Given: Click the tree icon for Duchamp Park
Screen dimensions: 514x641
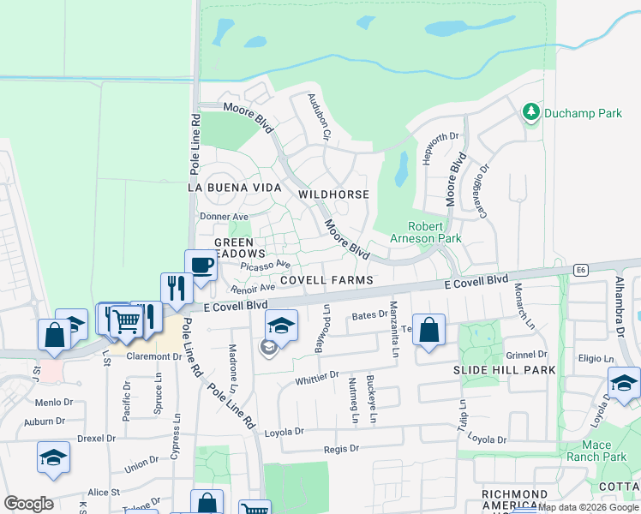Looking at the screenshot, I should pos(530,112).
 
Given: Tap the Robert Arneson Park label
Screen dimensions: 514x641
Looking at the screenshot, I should pos(425,232).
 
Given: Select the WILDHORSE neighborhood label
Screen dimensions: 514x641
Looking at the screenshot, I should pos(334,194).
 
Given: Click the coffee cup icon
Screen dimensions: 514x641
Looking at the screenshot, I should pos(201,265).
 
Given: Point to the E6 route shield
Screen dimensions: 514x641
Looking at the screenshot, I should pos(582,270).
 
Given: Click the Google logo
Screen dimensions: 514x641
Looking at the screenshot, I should pos(28,504).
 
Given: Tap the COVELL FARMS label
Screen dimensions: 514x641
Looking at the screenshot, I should pos(326,280).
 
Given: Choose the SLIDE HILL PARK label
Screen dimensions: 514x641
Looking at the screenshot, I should pos(504,369).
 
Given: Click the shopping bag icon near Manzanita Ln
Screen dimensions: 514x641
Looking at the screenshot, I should pos(428,330).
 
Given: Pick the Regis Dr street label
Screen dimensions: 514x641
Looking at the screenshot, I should pos(340,448).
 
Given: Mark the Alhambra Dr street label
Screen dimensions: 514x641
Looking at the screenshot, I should pos(620,306).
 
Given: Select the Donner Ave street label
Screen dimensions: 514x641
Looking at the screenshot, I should pos(223,217).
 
